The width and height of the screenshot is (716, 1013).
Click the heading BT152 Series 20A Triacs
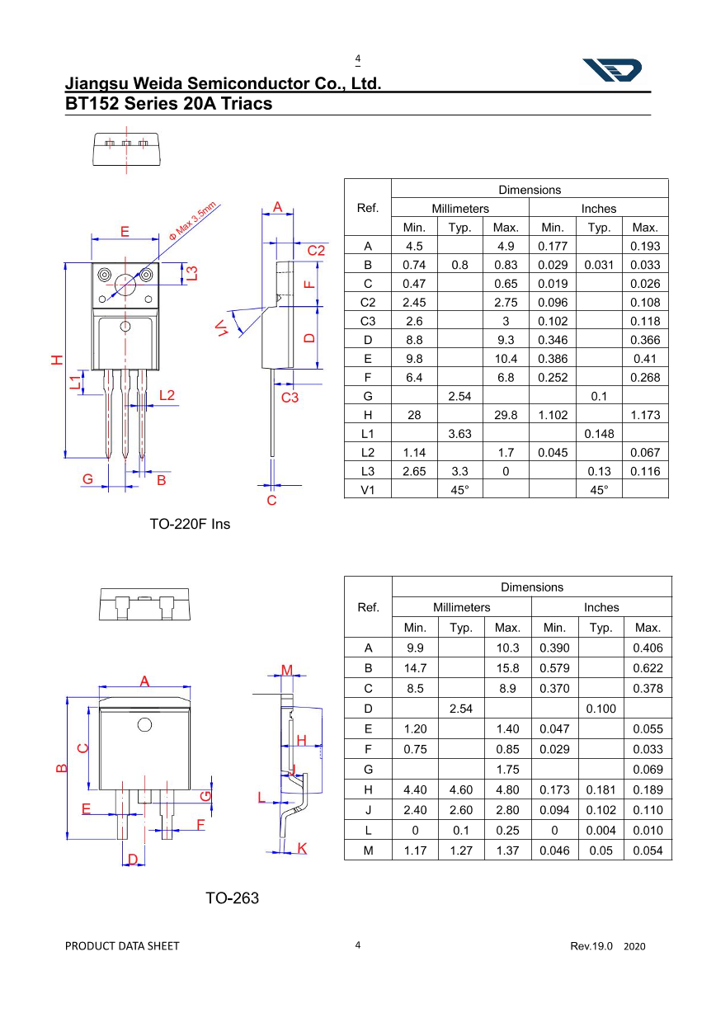168,105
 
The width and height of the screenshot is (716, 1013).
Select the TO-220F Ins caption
190,524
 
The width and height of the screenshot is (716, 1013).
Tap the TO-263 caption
232,898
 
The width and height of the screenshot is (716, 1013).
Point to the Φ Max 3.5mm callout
191,220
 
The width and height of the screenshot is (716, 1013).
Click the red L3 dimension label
191,273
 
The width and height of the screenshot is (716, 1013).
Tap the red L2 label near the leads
167,395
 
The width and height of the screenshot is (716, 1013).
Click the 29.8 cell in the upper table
506,415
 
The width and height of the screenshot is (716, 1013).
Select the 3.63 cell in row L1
459,434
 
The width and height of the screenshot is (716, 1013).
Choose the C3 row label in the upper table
368,321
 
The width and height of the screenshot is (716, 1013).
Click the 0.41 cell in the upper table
645,359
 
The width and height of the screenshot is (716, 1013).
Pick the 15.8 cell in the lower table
508,668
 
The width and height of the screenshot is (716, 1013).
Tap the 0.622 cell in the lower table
648,668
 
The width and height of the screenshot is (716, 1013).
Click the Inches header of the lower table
601,607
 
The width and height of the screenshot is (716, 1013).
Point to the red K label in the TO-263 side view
302,849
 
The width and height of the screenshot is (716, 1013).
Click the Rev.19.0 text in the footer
591,946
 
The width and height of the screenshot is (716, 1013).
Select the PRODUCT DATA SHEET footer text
122,946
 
